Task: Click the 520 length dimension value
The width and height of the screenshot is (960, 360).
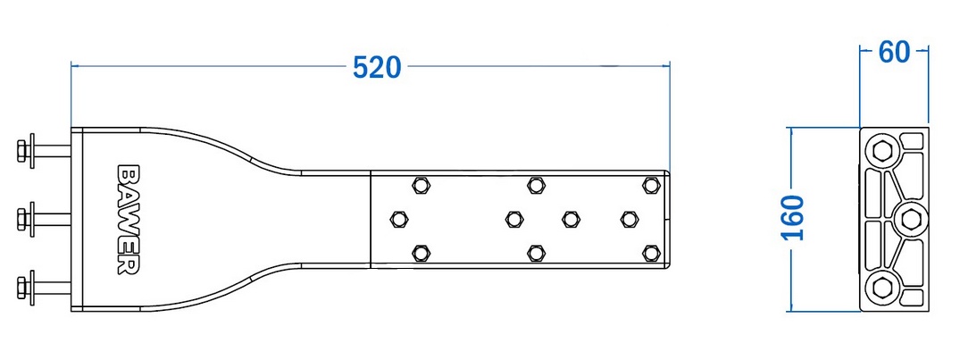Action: [x=377, y=67]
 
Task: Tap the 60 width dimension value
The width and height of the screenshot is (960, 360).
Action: [x=895, y=53]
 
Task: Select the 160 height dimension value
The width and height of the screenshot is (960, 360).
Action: [x=794, y=219]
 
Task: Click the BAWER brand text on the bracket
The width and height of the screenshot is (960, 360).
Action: [x=128, y=219]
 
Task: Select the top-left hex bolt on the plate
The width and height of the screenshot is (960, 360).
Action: [x=420, y=185]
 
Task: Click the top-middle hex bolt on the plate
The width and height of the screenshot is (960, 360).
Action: [x=536, y=185]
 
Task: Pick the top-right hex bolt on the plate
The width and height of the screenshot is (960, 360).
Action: [x=650, y=185]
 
